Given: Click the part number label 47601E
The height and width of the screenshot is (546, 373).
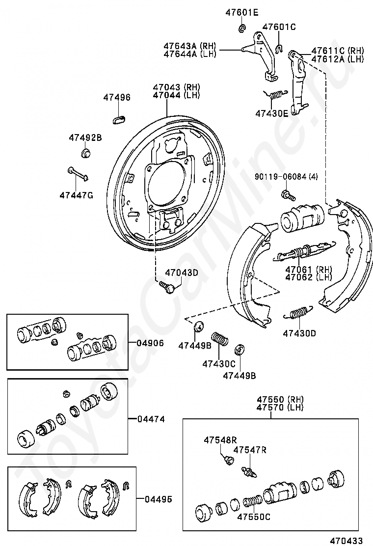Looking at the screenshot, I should pyautogui.click(x=241, y=13).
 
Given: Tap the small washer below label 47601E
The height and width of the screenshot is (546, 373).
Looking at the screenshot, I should pyautogui.click(x=241, y=29).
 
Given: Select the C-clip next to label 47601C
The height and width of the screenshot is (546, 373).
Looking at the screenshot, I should pyautogui.click(x=278, y=48).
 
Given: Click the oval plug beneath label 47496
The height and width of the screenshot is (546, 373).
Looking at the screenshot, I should pyautogui.click(x=119, y=118).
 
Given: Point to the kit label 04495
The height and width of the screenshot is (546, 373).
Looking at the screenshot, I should pyautogui.click(x=158, y=499).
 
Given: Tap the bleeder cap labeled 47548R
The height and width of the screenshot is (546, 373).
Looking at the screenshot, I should pyautogui.click(x=227, y=460).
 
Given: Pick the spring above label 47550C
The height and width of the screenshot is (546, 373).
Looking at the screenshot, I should pyautogui.click(x=252, y=502).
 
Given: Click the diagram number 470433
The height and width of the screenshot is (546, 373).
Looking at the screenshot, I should pyautogui.click(x=346, y=541).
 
